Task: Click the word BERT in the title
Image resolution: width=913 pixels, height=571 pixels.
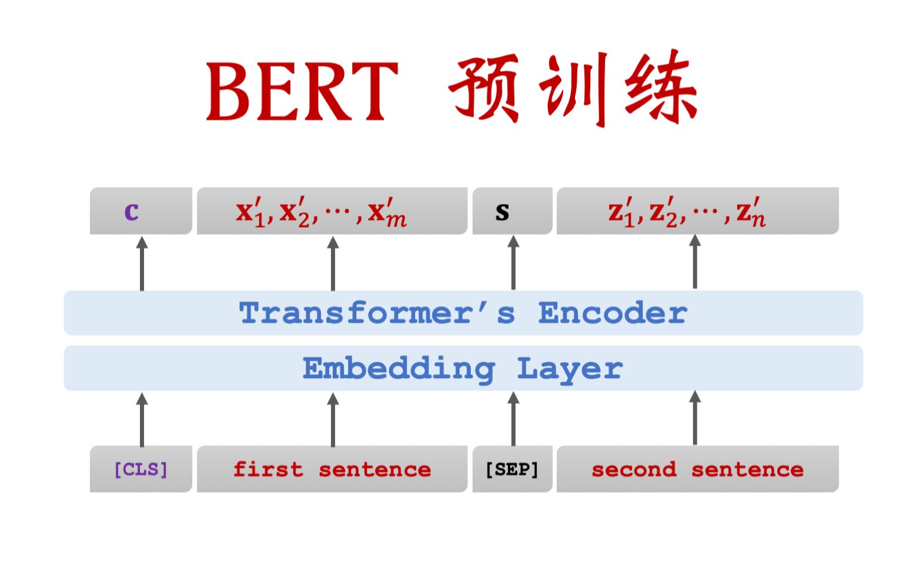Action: click(x=302, y=92)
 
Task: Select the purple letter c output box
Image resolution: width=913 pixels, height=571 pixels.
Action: click(x=141, y=211)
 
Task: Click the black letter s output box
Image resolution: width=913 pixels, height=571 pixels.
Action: click(x=512, y=211)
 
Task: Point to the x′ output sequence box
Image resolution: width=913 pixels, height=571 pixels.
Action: click(x=332, y=211)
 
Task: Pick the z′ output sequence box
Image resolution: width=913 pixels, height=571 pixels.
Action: click(x=697, y=211)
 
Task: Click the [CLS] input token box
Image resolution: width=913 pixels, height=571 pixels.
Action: click(x=141, y=469)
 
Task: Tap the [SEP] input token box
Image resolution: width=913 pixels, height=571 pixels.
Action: click(x=512, y=469)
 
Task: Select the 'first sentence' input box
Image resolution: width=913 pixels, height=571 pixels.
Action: click(x=332, y=469)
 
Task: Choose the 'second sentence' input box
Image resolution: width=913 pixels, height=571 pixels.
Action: click(x=697, y=469)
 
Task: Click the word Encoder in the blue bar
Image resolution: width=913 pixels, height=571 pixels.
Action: click(x=613, y=313)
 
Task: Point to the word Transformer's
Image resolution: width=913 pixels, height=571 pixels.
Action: click(x=377, y=313)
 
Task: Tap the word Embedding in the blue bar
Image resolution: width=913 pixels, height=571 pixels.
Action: click(x=399, y=369)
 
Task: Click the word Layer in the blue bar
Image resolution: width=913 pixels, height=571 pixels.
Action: click(x=570, y=369)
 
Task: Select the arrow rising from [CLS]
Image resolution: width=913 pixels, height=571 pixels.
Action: click(x=142, y=419)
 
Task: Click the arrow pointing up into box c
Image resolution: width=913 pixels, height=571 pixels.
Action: click(x=142, y=263)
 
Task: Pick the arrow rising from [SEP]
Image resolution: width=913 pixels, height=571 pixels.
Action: click(x=513, y=419)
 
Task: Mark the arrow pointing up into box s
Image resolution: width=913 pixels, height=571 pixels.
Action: click(x=513, y=263)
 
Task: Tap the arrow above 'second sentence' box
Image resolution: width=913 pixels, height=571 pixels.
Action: click(x=695, y=418)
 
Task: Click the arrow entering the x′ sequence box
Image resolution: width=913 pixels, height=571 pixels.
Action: click(x=333, y=263)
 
